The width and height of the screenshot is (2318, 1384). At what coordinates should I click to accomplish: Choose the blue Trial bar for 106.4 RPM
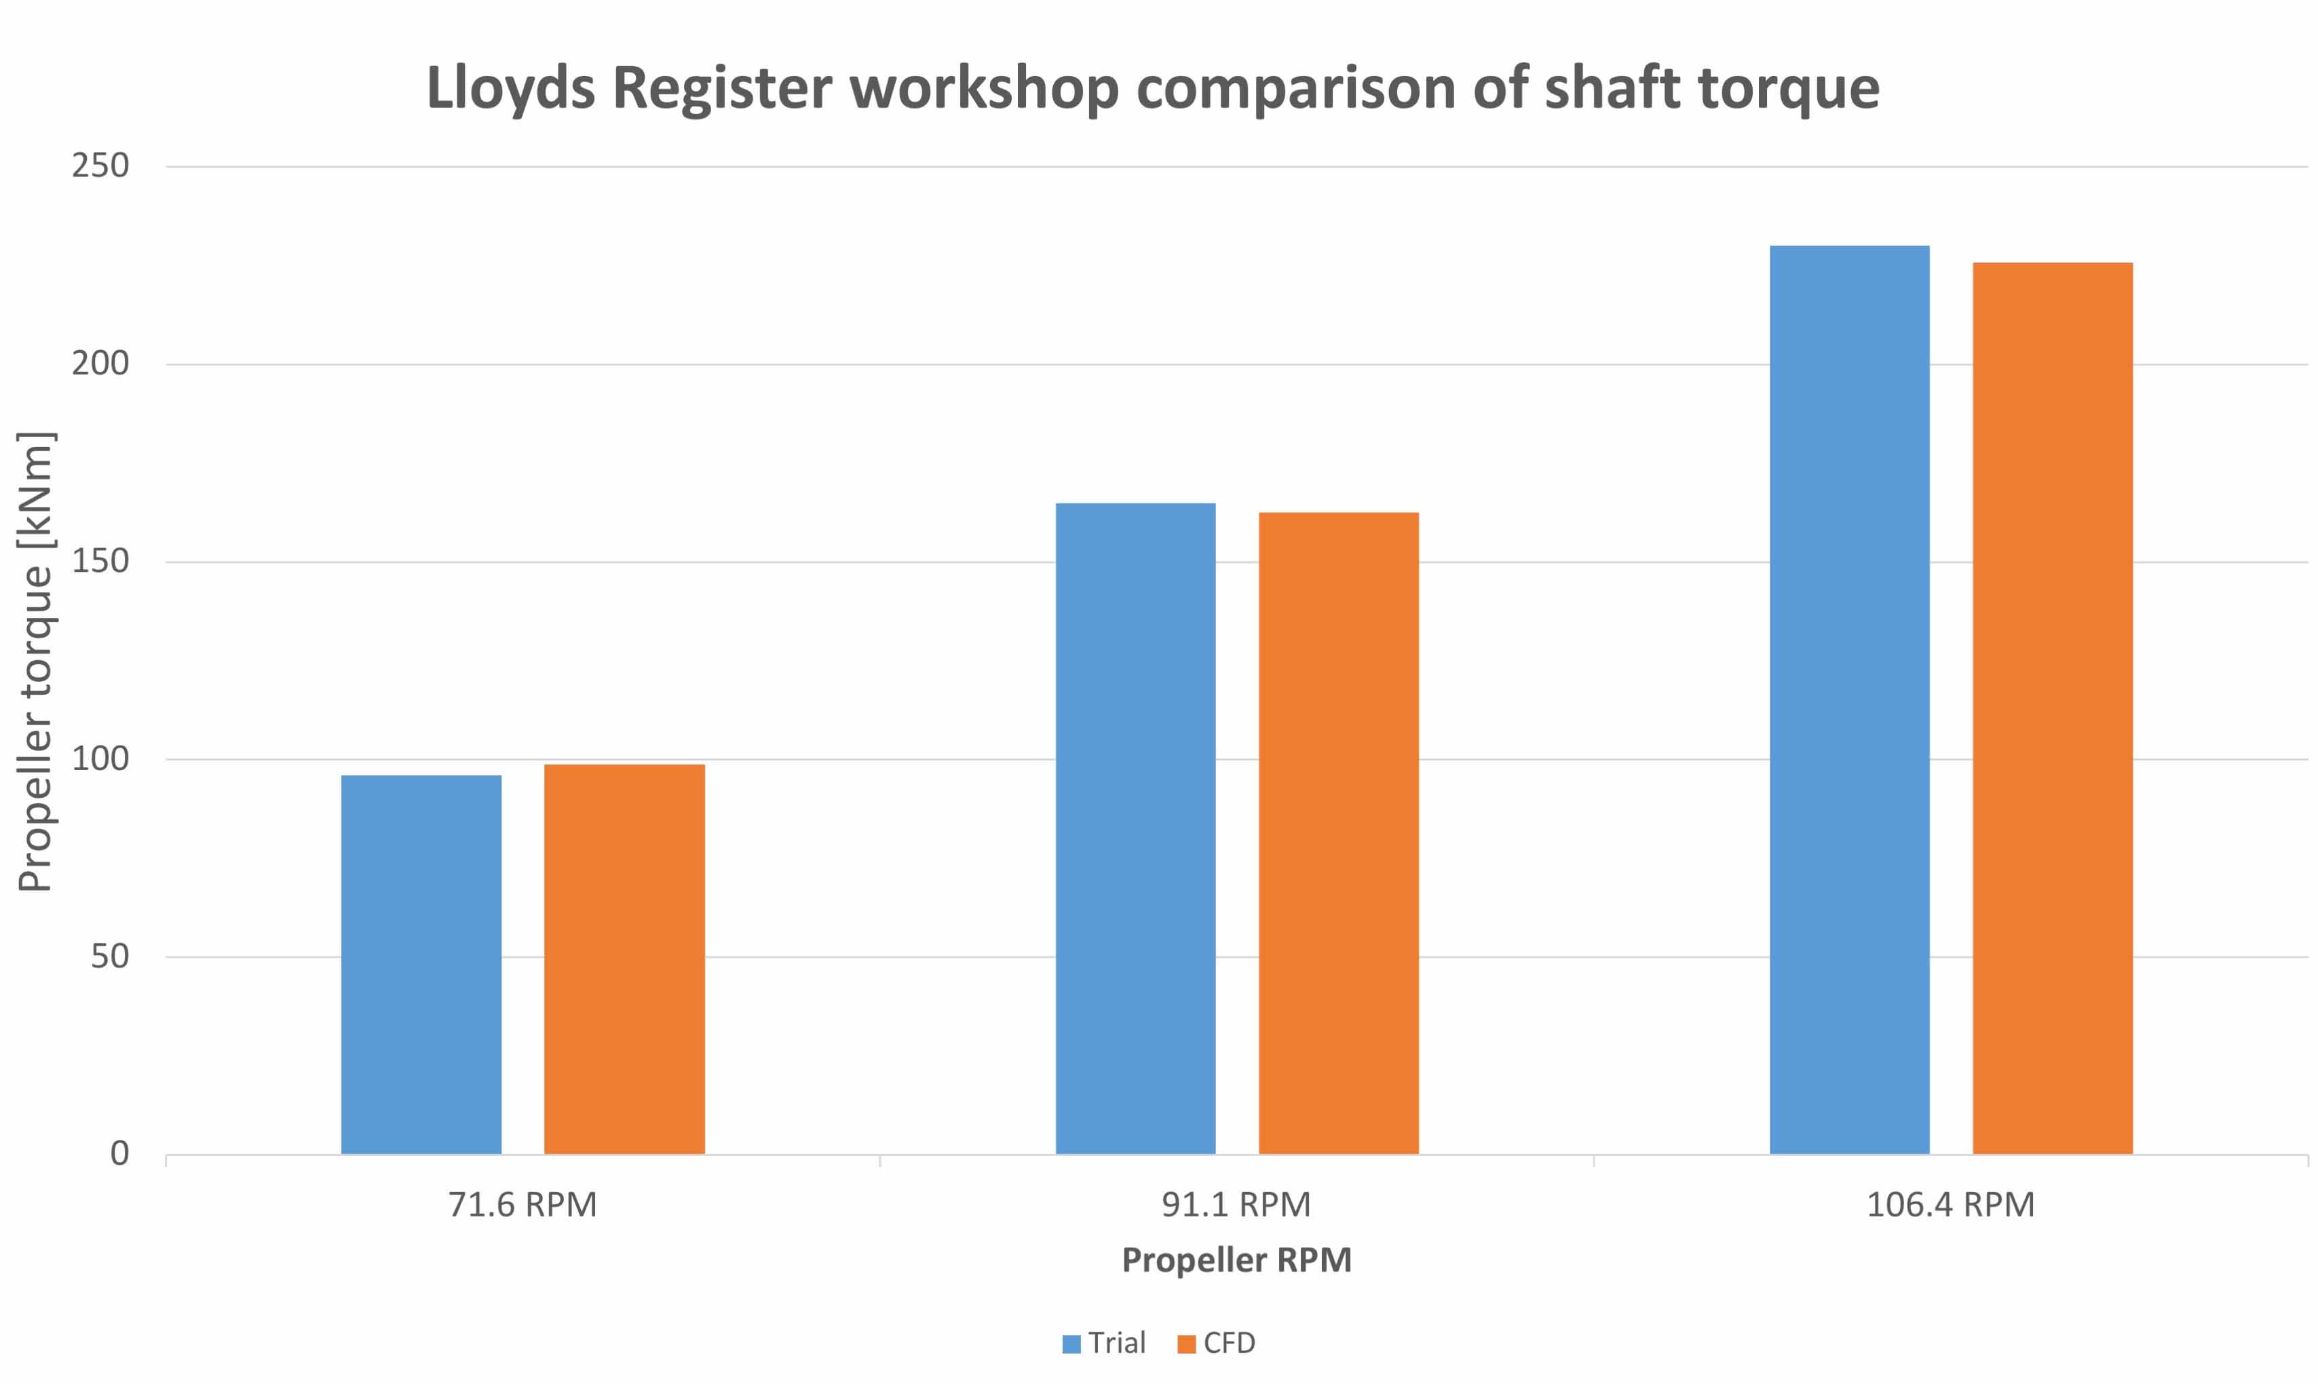tap(1849, 699)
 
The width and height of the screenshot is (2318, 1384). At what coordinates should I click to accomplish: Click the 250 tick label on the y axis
tap(100, 166)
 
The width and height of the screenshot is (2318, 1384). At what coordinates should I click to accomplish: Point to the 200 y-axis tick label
tap(100, 364)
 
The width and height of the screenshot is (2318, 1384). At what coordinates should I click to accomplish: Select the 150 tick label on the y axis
tap(100, 562)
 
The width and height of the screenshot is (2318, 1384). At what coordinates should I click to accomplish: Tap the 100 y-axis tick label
tap(100, 759)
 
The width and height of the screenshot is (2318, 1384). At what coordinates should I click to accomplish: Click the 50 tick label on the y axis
tap(109, 957)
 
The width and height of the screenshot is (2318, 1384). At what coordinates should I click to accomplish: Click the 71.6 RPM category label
tap(522, 1205)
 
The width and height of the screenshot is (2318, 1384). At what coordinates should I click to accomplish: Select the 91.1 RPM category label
tap(1236, 1205)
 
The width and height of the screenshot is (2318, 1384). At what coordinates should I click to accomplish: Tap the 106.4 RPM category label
tap(1950, 1205)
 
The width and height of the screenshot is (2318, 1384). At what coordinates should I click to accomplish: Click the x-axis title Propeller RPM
tap(1236, 1260)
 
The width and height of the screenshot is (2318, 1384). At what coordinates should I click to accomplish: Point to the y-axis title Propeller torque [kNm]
tap(35, 662)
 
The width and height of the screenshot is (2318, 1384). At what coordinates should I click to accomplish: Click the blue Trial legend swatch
tap(1071, 1344)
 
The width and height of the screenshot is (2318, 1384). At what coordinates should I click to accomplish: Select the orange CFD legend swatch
tap(1187, 1344)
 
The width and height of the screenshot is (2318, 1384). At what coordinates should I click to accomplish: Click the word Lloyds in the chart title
tap(510, 89)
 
